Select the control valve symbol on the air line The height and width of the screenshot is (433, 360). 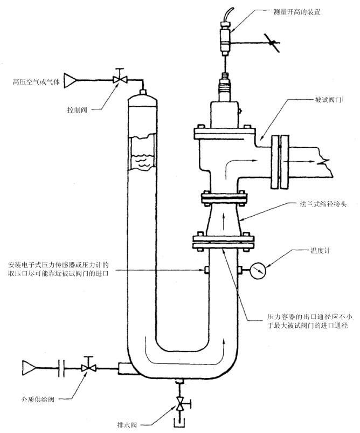coord(120,79)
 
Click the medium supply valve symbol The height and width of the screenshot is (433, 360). coord(86,368)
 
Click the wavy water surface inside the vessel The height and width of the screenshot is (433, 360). coord(141,160)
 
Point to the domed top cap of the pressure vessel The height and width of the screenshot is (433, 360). coord(142,99)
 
